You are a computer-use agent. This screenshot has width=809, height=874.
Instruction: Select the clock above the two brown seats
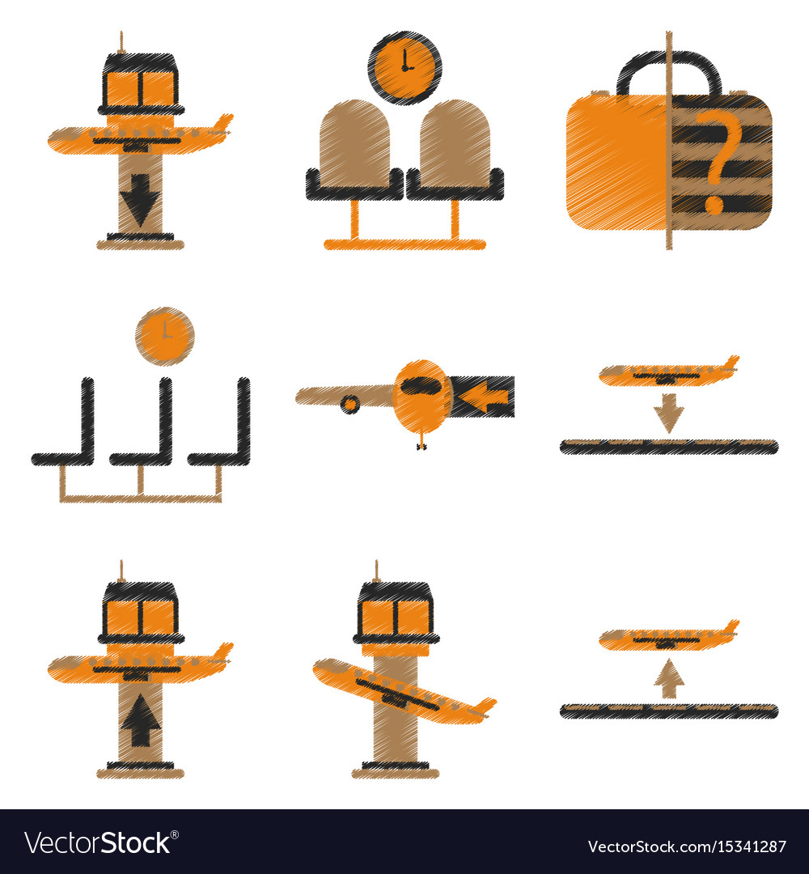pos(405,67)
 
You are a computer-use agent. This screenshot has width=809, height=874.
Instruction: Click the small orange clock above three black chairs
pos(165,336)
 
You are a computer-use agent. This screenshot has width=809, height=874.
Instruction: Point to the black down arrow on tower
pos(140,198)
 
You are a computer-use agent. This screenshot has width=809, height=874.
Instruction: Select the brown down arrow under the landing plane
pos(669,413)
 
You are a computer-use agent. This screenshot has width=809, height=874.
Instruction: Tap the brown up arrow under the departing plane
pos(669,678)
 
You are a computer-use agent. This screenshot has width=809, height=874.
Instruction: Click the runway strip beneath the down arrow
pos(669,447)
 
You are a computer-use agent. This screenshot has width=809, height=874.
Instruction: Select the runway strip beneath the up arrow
pos(669,711)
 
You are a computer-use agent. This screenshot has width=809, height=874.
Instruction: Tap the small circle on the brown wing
pos(350,403)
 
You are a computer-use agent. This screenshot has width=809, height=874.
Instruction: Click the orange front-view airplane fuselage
pos(422,397)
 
